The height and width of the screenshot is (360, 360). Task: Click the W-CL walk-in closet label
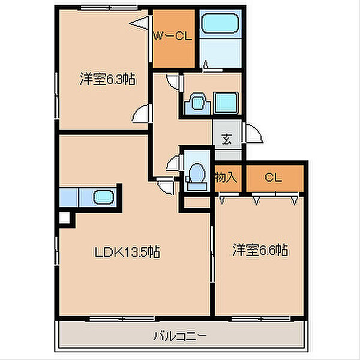click(x=172, y=36)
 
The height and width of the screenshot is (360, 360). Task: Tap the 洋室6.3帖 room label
click(x=107, y=79)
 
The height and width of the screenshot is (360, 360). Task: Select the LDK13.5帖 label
click(x=127, y=252)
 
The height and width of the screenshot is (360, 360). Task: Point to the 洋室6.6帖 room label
click(x=260, y=250)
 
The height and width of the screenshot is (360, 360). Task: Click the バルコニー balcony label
click(x=180, y=336)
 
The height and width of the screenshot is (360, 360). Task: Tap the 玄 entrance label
click(x=227, y=139)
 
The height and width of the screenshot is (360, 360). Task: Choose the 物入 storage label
click(x=226, y=177)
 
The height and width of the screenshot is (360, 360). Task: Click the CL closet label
click(x=273, y=177)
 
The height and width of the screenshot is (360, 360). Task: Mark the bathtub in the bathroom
click(x=220, y=23)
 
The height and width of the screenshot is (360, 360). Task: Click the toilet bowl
click(x=198, y=173)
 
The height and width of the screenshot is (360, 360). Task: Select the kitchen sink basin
click(x=104, y=197)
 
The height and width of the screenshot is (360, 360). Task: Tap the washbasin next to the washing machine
click(x=197, y=103)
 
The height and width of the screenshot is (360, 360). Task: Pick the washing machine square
click(x=226, y=103)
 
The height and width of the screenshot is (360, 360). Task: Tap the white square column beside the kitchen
click(x=64, y=218)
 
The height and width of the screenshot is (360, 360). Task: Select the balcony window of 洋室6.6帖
click(x=261, y=319)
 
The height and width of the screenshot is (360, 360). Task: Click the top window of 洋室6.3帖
click(x=109, y=8)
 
